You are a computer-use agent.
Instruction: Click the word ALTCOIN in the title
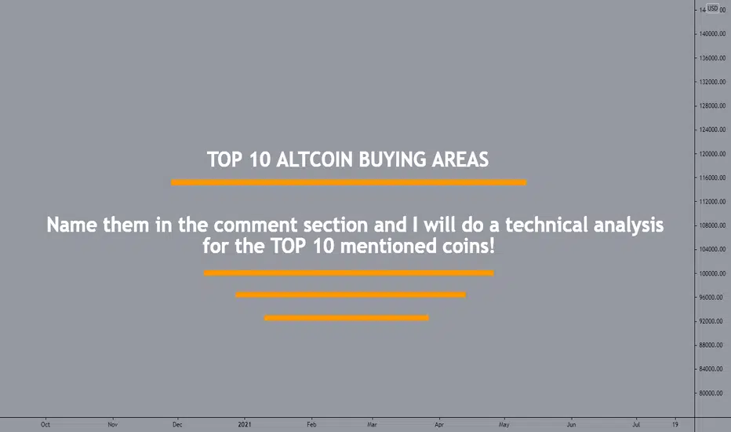(x=315, y=159)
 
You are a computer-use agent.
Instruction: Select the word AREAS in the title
(x=460, y=159)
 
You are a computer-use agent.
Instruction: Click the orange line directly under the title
(x=349, y=182)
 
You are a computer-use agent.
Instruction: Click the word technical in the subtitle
(x=547, y=225)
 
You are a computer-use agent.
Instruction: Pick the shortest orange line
(x=347, y=318)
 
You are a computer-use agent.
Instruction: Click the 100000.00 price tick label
(x=712, y=273)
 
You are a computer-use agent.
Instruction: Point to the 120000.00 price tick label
(x=712, y=154)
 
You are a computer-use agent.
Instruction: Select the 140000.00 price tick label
(x=712, y=34)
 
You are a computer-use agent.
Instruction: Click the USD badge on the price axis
(x=713, y=9)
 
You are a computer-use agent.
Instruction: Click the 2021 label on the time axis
(x=244, y=424)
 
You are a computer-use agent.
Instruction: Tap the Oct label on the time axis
(x=45, y=424)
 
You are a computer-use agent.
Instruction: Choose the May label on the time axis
(x=504, y=424)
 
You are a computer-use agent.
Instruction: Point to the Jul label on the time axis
(x=636, y=424)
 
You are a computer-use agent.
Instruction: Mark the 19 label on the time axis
(x=675, y=424)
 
